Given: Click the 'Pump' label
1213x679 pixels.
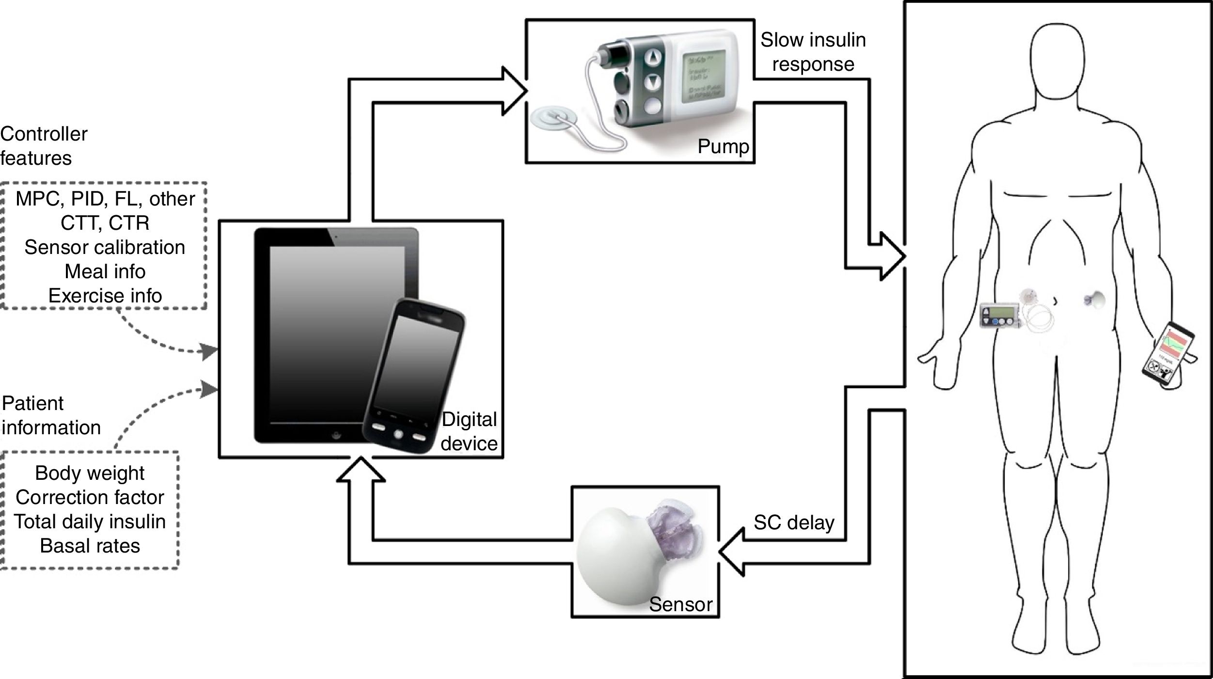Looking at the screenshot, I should pyautogui.click(x=723, y=146).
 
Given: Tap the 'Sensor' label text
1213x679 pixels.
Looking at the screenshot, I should pyautogui.click(x=680, y=604).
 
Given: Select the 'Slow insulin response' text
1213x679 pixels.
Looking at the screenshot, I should pyautogui.click(x=813, y=52).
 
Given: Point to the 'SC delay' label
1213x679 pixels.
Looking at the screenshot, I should pyautogui.click(x=794, y=522).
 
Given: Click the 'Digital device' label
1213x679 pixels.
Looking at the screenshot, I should pyautogui.click(x=469, y=431).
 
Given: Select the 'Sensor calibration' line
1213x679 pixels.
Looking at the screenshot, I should pyautogui.click(x=105, y=247).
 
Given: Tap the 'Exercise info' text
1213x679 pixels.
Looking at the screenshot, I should pyautogui.click(x=105, y=296).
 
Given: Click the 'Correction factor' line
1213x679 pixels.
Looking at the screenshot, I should pyautogui.click(x=90, y=497).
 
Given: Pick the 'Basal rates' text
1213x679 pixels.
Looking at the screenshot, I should pyautogui.click(x=90, y=546).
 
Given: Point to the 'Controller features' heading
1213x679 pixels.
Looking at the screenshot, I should pyautogui.click(x=44, y=146).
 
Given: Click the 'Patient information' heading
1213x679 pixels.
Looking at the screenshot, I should pyautogui.click(x=51, y=415).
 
